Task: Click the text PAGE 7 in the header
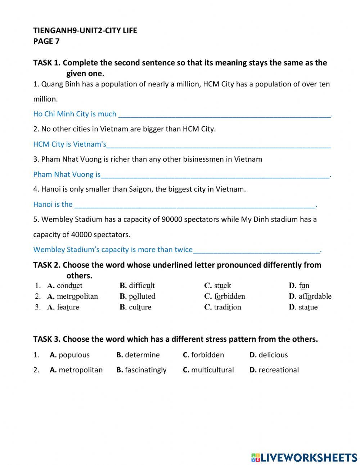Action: pyautogui.click(x=46, y=41)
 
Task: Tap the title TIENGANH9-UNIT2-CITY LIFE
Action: pyautogui.click(x=85, y=31)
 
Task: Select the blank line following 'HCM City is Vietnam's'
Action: pyautogui.click(x=219, y=144)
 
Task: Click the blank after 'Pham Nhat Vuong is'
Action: pyautogui.click(x=215, y=175)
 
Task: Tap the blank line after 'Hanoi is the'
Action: pyautogui.click(x=195, y=205)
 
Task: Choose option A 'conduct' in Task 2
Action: pyautogui.click(x=69, y=286)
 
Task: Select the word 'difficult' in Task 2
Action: pyautogui.click(x=141, y=286)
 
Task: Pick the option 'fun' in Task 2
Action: pyautogui.click(x=304, y=286)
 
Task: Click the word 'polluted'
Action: pyautogui.click(x=142, y=296)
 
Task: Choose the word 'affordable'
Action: pyautogui.click(x=315, y=296)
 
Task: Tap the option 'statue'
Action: pyautogui.click(x=308, y=307)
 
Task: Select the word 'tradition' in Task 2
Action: pyautogui.click(x=227, y=307)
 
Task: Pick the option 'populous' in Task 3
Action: pyautogui.click(x=74, y=355)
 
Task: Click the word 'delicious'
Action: pyautogui.click(x=273, y=355)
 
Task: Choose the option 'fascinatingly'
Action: pyautogui.click(x=145, y=370)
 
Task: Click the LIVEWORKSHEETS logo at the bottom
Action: pyautogui.click(x=304, y=457)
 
